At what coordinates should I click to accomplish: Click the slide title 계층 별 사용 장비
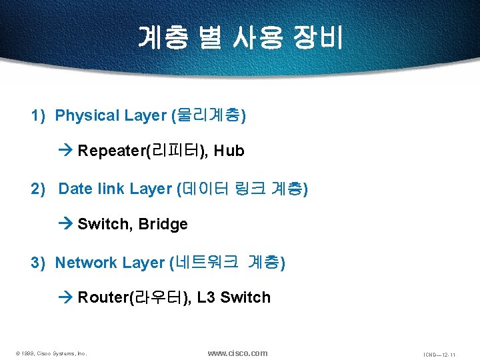click(x=240, y=37)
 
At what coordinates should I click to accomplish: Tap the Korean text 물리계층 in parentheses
click(x=209, y=116)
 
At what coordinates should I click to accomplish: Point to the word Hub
click(x=229, y=151)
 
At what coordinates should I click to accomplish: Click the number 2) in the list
click(x=38, y=189)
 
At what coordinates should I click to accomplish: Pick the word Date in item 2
click(x=75, y=189)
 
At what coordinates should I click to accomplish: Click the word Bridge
click(x=163, y=225)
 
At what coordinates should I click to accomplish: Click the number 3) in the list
click(x=38, y=263)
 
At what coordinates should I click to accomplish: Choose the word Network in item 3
click(x=86, y=263)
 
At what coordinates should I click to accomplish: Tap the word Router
click(x=103, y=298)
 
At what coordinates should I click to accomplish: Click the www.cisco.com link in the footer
click(x=237, y=353)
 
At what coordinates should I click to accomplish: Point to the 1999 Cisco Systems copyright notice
click(x=51, y=353)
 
